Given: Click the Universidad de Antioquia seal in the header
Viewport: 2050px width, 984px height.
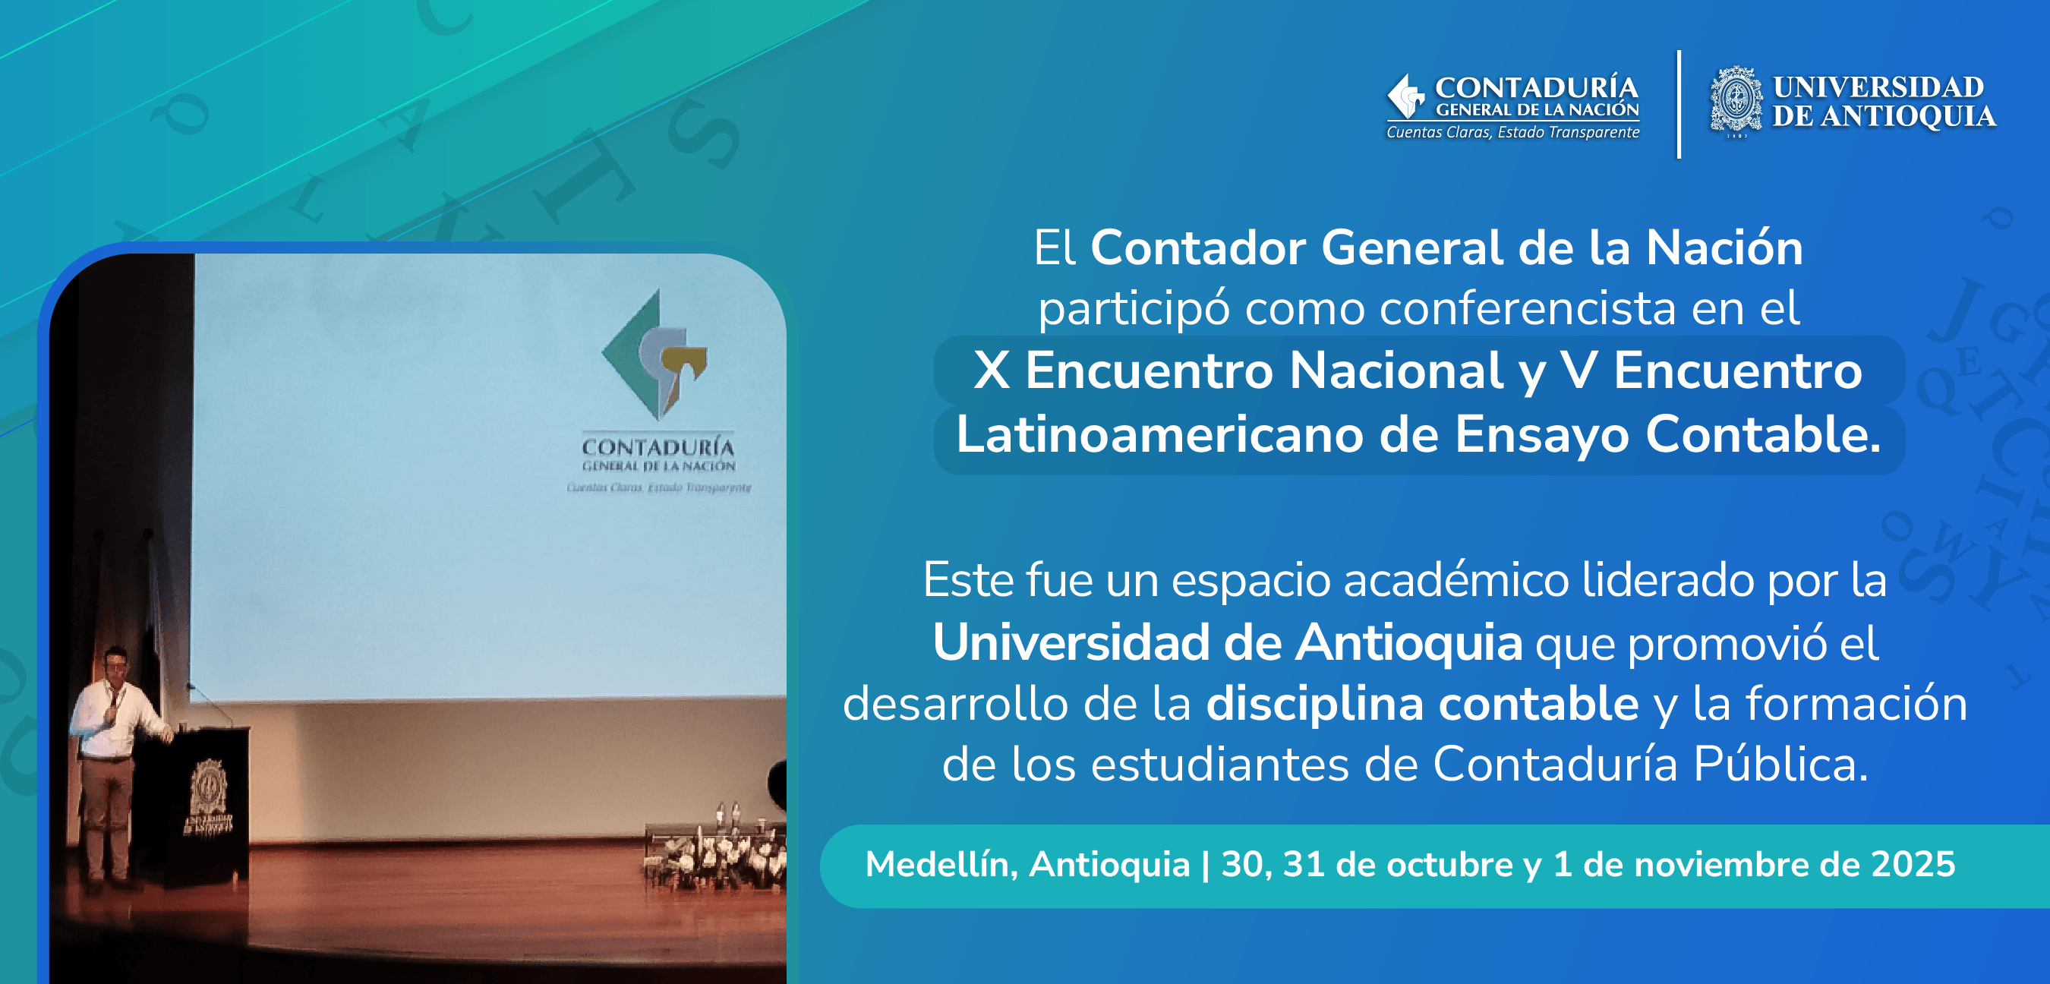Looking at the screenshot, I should tap(1736, 100).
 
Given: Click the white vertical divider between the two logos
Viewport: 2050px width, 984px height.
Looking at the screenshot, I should tap(1679, 104).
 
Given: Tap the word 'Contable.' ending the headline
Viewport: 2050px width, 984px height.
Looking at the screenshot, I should tap(1762, 435).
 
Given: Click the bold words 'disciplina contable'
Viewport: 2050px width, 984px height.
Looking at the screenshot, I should tap(1422, 704).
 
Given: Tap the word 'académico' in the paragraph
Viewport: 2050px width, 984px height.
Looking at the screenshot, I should tap(1455, 579).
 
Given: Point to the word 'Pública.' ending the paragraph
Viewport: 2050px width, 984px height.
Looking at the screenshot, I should tap(1780, 765).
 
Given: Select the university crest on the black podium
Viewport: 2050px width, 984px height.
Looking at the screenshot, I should tap(209, 788).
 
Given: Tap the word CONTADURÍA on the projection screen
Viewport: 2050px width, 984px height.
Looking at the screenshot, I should tap(658, 446).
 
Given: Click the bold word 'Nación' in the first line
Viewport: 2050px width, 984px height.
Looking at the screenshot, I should tap(1724, 248).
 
